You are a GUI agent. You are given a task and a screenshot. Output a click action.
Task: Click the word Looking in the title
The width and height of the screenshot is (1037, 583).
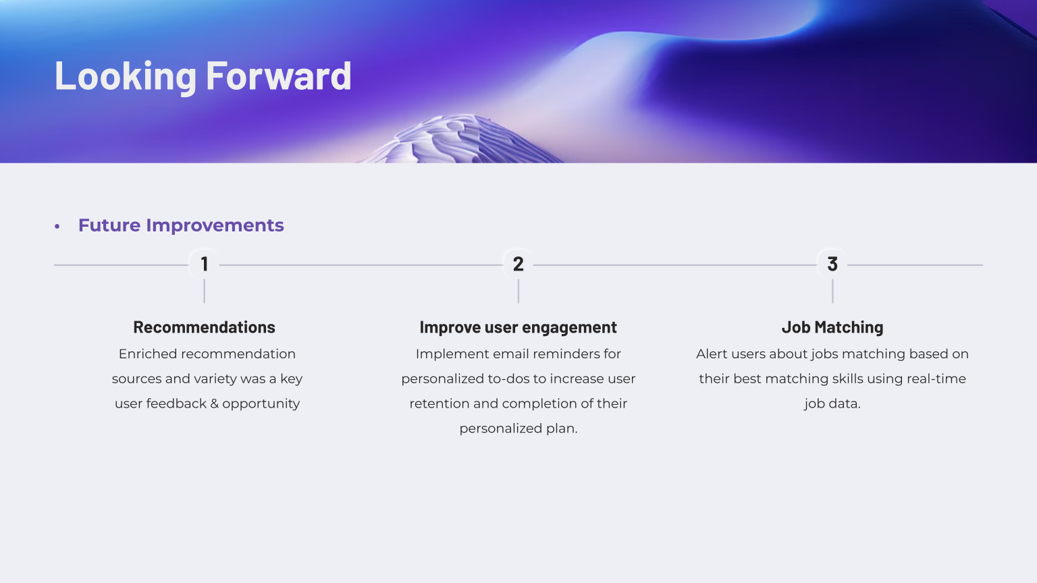(126, 76)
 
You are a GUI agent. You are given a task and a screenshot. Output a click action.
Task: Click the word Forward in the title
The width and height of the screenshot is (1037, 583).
(278, 76)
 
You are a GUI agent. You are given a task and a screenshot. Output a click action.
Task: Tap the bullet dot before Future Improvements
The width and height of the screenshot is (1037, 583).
(57, 226)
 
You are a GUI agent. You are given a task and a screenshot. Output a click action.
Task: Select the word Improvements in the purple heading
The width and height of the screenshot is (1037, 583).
(215, 225)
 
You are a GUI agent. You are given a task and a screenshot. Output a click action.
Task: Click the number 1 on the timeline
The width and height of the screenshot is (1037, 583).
(204, 265)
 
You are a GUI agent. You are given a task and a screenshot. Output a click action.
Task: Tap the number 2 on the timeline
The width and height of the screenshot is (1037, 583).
(518, 265)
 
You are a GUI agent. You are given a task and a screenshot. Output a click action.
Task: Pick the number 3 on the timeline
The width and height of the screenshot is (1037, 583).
(832, 265)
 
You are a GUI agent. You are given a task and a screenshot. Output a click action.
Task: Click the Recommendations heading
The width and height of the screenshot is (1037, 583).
(204, 327)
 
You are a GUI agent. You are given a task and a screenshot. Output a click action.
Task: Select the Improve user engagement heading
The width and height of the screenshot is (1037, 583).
(518, 327)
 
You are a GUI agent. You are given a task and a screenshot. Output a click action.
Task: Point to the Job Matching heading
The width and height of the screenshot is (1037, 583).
(832, 327)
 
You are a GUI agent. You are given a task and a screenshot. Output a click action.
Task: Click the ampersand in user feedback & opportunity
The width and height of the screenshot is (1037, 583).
(214, 404)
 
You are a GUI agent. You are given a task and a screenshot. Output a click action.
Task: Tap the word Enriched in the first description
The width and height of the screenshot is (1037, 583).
(147, 354)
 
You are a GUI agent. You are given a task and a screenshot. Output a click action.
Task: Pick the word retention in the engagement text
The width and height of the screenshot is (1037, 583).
(440, 404)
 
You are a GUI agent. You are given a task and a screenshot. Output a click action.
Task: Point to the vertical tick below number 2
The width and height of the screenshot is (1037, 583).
(518, 291)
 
